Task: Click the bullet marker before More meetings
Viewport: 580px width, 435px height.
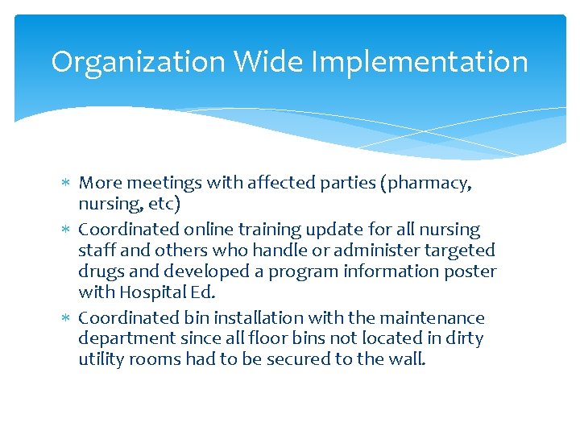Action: point(67,183)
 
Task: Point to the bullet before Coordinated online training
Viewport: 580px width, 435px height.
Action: point(67,230)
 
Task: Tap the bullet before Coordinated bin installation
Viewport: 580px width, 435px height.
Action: point(67,318)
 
